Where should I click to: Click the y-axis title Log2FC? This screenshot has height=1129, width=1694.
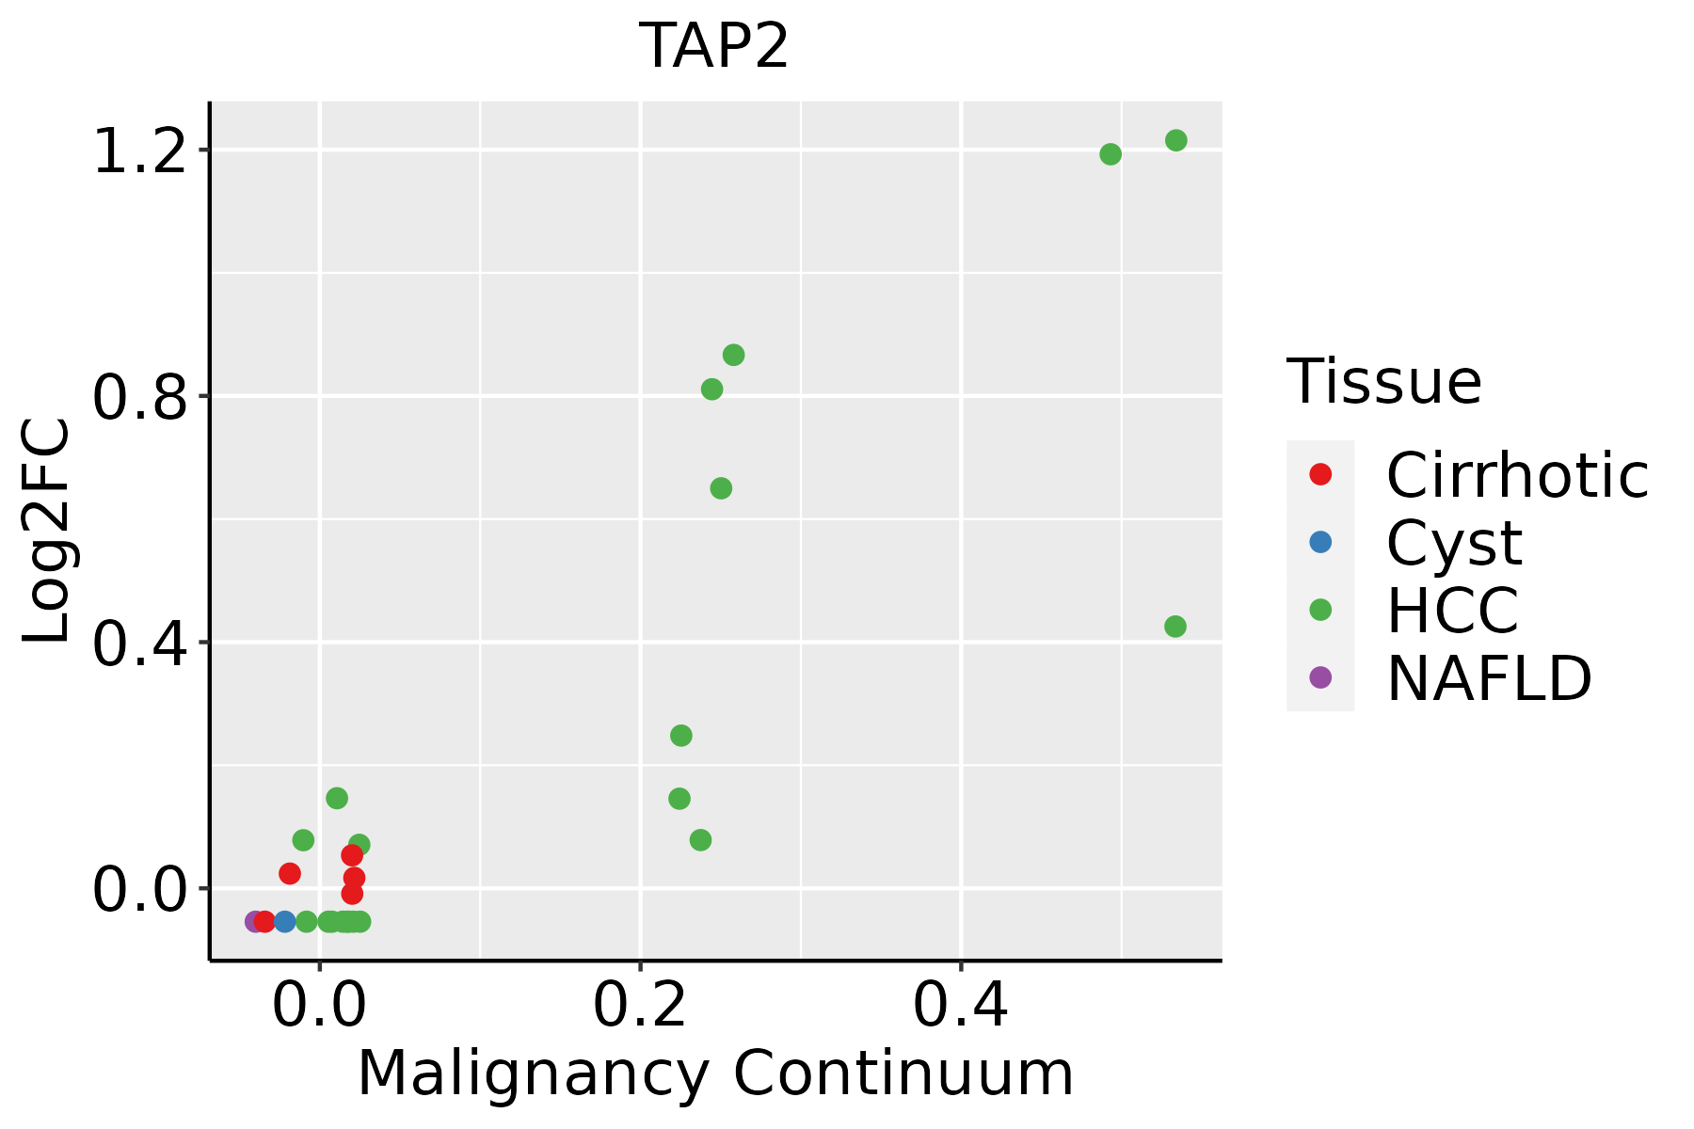click(x=47, y=531)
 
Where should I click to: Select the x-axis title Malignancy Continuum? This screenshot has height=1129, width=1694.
click(x=715, y=1073)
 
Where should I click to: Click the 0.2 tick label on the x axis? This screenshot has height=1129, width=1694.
click(x=640, y=1006)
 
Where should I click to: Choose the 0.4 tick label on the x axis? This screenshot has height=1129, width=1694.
click(x=961, y=1006)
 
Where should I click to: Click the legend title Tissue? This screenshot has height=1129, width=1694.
click(x=1383, y=382)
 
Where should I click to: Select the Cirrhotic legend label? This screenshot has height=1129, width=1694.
click(x=1517, y=475)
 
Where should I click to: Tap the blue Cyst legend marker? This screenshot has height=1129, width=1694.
click(x=1320, y=542)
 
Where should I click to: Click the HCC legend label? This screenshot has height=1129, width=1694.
click(x=1452, y=610)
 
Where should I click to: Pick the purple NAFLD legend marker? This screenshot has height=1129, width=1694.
click(x=1320, y=676)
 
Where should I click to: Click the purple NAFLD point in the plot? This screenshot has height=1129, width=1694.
click(x=254, y=921)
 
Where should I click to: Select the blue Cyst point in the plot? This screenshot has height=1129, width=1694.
click(x=284, y=921)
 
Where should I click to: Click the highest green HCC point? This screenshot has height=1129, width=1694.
click(x=1176, y=140)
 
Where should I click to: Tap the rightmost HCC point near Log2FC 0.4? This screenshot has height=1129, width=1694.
click(x=1175, y=627)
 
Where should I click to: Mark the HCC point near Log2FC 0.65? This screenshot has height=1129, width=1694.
click(x=721, y=488)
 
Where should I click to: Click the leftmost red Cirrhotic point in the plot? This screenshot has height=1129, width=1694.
click(x=264, y=921)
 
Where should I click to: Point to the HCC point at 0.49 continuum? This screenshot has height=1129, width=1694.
click(x=1111, y=154)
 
